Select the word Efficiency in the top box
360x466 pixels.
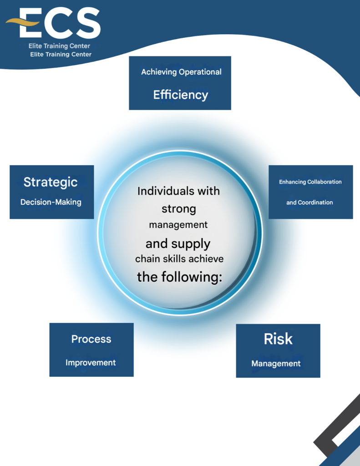(x=180, y=95)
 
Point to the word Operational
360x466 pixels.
(x=200, y=72)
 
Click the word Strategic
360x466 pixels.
(x=51, y=182)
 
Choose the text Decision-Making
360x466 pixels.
(x=51, y=202)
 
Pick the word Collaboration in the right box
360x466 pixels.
(x=325, y=182)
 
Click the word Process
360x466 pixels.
(x=91, y=339)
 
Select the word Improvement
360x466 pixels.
(x=91, y=363)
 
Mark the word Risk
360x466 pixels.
(x=278, y=339)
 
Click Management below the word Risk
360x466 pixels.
(x=276, y=364)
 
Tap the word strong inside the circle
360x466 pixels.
(x=179, y=209)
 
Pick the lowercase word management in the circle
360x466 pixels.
(x=178, y=225)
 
